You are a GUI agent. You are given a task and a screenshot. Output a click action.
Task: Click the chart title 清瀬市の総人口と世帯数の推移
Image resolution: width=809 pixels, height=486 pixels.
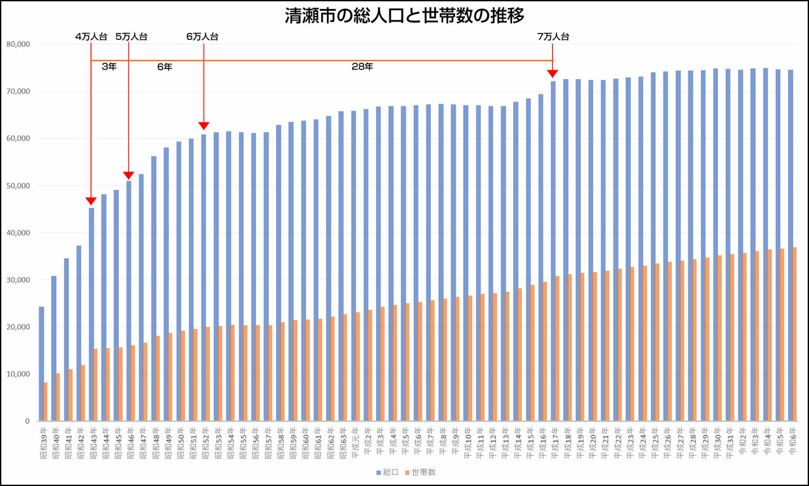tap(404, 16)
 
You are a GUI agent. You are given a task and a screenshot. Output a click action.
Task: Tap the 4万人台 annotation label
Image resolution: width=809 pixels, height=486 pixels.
tap(91, 37)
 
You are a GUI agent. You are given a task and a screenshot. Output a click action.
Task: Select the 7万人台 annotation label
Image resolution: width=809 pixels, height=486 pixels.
tap(553, 37)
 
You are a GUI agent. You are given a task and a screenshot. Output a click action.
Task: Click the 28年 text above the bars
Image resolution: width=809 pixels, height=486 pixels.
tap(362, 66)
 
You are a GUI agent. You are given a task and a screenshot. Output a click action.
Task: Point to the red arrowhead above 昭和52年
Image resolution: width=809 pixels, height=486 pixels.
tap(204, 126)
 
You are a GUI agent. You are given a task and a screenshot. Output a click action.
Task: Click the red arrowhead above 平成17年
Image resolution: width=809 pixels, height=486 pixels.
tap(553, 73)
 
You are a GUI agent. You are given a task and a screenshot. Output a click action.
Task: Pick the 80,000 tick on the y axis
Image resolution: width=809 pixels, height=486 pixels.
tap(18, 44)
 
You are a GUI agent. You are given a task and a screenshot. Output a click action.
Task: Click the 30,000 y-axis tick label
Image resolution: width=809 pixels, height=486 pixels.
tap(18, 280)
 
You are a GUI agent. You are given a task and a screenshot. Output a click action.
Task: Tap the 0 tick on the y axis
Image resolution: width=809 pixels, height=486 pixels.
tap(27, 421)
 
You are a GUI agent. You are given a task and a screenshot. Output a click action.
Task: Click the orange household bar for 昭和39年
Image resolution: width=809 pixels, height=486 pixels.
tap(46, 402)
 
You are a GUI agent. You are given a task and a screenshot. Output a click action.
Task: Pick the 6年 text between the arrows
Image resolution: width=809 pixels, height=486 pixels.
tap(164, 66)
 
